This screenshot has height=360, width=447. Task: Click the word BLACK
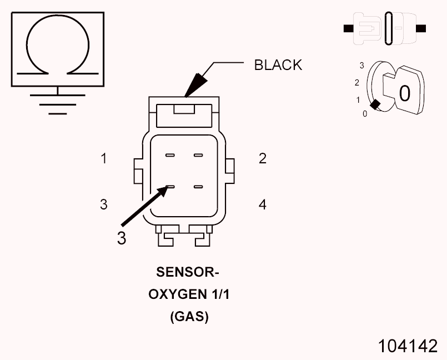278,65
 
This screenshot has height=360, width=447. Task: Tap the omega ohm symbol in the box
57,46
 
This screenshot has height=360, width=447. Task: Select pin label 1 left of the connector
103,159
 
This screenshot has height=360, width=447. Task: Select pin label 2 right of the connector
263,159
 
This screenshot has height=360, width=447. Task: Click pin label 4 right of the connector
263,205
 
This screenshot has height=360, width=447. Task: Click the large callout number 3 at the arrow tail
122,238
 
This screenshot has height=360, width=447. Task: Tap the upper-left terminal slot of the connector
170,155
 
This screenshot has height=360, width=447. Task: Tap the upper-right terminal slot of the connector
198,155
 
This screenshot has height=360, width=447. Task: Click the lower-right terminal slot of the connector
198,187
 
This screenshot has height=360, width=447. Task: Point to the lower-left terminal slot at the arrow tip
170,187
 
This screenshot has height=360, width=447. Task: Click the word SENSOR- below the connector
188,273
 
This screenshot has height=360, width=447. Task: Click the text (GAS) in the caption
189,317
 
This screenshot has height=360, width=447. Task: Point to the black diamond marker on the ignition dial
376,104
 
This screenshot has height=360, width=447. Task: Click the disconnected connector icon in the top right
385,27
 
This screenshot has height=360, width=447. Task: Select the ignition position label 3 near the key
362,66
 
